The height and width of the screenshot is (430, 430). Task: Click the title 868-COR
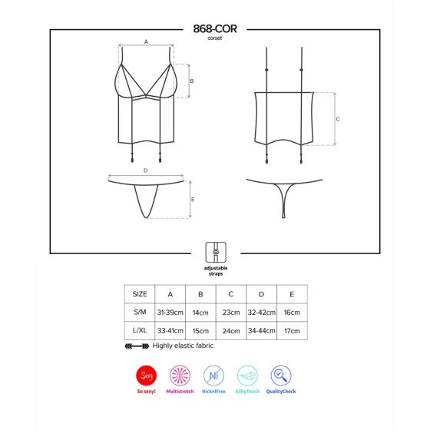coord(215,29)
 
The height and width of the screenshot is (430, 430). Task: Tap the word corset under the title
coord(215,38)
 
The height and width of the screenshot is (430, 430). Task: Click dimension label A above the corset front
coord(146,41)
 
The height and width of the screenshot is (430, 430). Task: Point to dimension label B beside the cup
coord(192,81)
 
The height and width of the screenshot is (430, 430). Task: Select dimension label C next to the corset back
coord(338,119)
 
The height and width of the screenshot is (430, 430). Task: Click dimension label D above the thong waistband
coord(146,170)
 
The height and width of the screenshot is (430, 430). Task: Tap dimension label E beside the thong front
coord(193,200)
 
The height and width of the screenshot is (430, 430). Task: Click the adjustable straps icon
coord(216,252)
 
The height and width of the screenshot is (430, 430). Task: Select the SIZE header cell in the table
coord(140,294)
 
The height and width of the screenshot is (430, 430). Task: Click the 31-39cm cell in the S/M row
coord(170,313)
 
